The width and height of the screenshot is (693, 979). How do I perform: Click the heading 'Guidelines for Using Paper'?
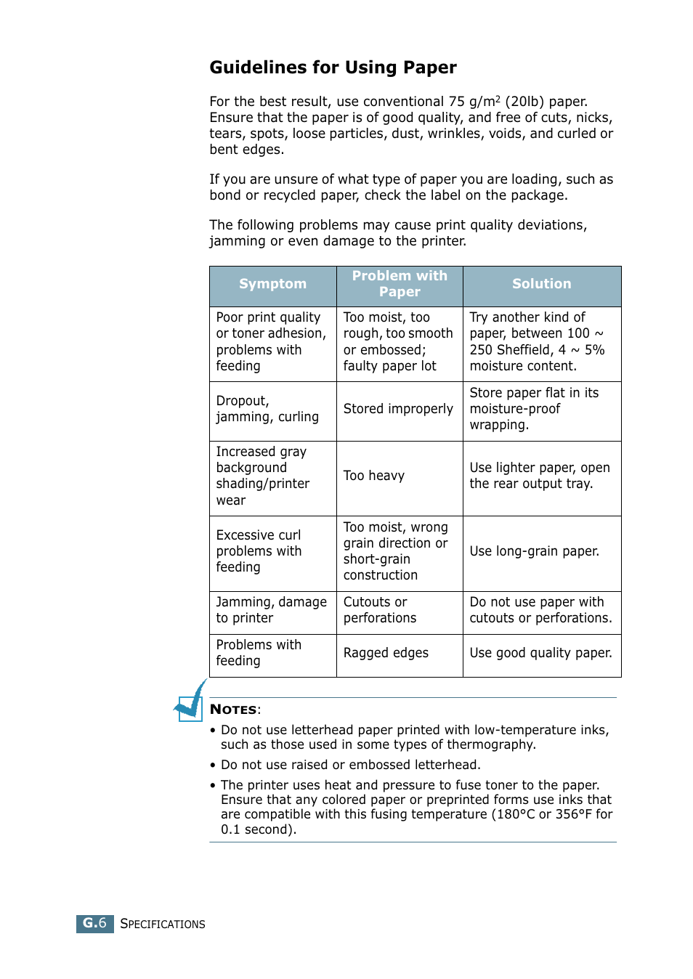[x=333, y=68]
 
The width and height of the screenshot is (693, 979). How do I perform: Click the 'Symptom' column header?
[x=272, y=284]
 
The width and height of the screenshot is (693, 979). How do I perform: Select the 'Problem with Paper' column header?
[x=400, y=284]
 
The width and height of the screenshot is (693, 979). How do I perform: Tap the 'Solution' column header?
[x=541, y=284]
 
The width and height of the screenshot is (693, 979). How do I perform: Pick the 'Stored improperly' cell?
[x=398, y=409]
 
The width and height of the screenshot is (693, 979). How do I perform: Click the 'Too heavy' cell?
[x=374, y=476]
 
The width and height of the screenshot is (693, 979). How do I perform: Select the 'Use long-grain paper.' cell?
[x=534, y=551]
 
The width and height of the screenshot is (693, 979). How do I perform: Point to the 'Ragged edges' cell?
[x=386, y=653]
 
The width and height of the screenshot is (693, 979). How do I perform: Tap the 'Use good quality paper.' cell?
[x=540, y=653]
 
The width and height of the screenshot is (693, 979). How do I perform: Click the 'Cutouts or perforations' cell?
[x=379, y=610]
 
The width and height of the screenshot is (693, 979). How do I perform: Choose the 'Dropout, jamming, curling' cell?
[x=267, y=409]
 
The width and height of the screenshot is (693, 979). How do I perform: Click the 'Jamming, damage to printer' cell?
[x=271, y=610]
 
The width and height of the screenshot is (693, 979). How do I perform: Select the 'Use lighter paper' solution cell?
[x=539, y=476]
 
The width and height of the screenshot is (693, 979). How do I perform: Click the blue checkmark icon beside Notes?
[x=191, y=702]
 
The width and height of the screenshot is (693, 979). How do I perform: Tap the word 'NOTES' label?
[x=233, y=710]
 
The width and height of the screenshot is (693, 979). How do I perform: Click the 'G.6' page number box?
[x=94, y=923]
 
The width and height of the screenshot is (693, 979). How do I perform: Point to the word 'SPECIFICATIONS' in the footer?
[x=163, y=924]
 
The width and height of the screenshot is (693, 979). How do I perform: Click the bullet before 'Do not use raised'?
[x=213, y=765]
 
